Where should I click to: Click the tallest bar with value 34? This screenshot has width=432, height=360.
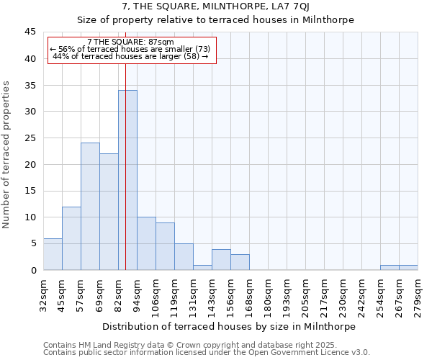pyautogui.click(x=127, y=180)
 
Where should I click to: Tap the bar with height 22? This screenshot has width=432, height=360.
pyautogui.click(x=109, y=212)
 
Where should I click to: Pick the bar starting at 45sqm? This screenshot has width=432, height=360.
pyautogui.click(x=71, y=238)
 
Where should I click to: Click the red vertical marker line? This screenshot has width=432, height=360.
pyautogui.click(x=125, y=216)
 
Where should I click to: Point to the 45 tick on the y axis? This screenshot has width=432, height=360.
pyautogui.click(x=30, y=32)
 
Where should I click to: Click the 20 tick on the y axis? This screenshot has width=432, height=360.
pyautogui.click(x=30, y=165)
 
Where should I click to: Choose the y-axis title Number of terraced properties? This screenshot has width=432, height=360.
pyautogui.click(x=7, y=154)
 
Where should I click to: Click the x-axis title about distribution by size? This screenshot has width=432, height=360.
pyautogui.click(x=229, y=326)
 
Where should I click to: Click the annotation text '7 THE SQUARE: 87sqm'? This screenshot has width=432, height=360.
pyautogui.click(x=130, y=42)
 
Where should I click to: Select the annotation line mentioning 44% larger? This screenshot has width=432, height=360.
pyautogui.click(x=130, y=56)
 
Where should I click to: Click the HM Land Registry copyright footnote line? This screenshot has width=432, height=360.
pyautogui.click(x=189, y=346)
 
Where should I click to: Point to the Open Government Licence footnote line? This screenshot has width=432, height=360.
pyautogui.click(x=207, y=353)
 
